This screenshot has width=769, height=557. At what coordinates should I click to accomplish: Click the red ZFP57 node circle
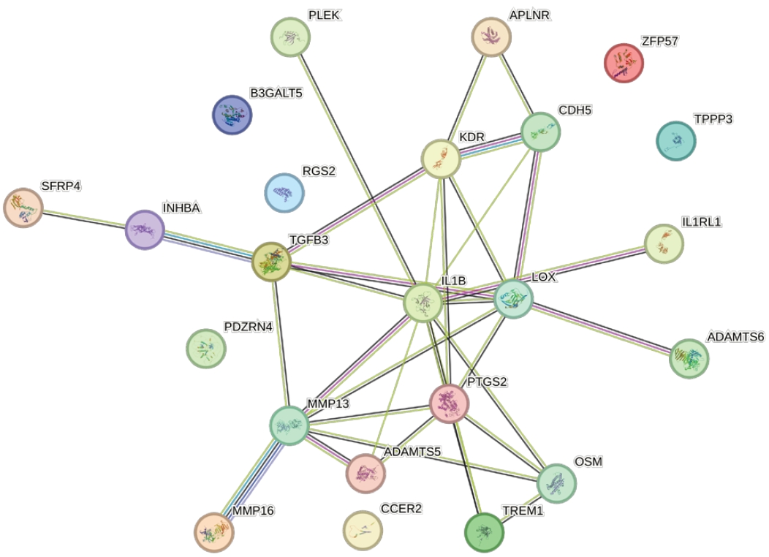pyautogui.click(x=624, y=63)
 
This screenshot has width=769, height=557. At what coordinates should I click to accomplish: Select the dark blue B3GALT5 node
pyautogui.click(x=232, y=115)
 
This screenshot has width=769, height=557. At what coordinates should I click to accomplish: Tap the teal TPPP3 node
pyautogui.click(x=675, y=141)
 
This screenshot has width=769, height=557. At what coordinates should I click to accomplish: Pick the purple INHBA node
pyautogui.click(x=144, y=230)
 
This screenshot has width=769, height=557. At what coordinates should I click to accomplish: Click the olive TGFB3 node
pyautogui.click(x=271, y=261)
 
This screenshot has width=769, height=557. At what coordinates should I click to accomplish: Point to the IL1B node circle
pyautogui.click(x=423, y=303)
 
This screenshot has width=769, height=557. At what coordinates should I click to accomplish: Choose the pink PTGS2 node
pyautogui.click(x=449, y=403)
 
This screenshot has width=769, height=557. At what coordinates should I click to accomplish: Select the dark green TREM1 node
pyautogui.click(x=484, y=531)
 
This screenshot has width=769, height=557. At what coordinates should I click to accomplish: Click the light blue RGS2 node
pyautogui.click(x=284, y=193)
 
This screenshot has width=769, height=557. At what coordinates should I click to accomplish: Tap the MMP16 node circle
pyautogui.click(x=214, y=532)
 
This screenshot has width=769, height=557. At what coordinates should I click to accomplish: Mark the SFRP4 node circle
pyautogui.click(x=23, y=208)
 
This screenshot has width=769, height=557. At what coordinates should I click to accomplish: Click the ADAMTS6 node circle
pyautogui.click(x=689, y=358)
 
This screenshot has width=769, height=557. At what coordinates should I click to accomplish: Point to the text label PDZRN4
pyautogui.click(x=249, y=327)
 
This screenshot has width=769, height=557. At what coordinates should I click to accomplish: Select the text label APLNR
pyautogui.click(x=529, y=15)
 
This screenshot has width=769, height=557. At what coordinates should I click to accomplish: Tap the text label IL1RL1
pyautogui.click(x=701, y=221)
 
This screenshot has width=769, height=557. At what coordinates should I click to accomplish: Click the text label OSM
pyautogui.click(x=588, y=462)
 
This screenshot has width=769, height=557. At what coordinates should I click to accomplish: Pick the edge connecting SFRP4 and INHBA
pyautogui.click(x=83, y=219)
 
